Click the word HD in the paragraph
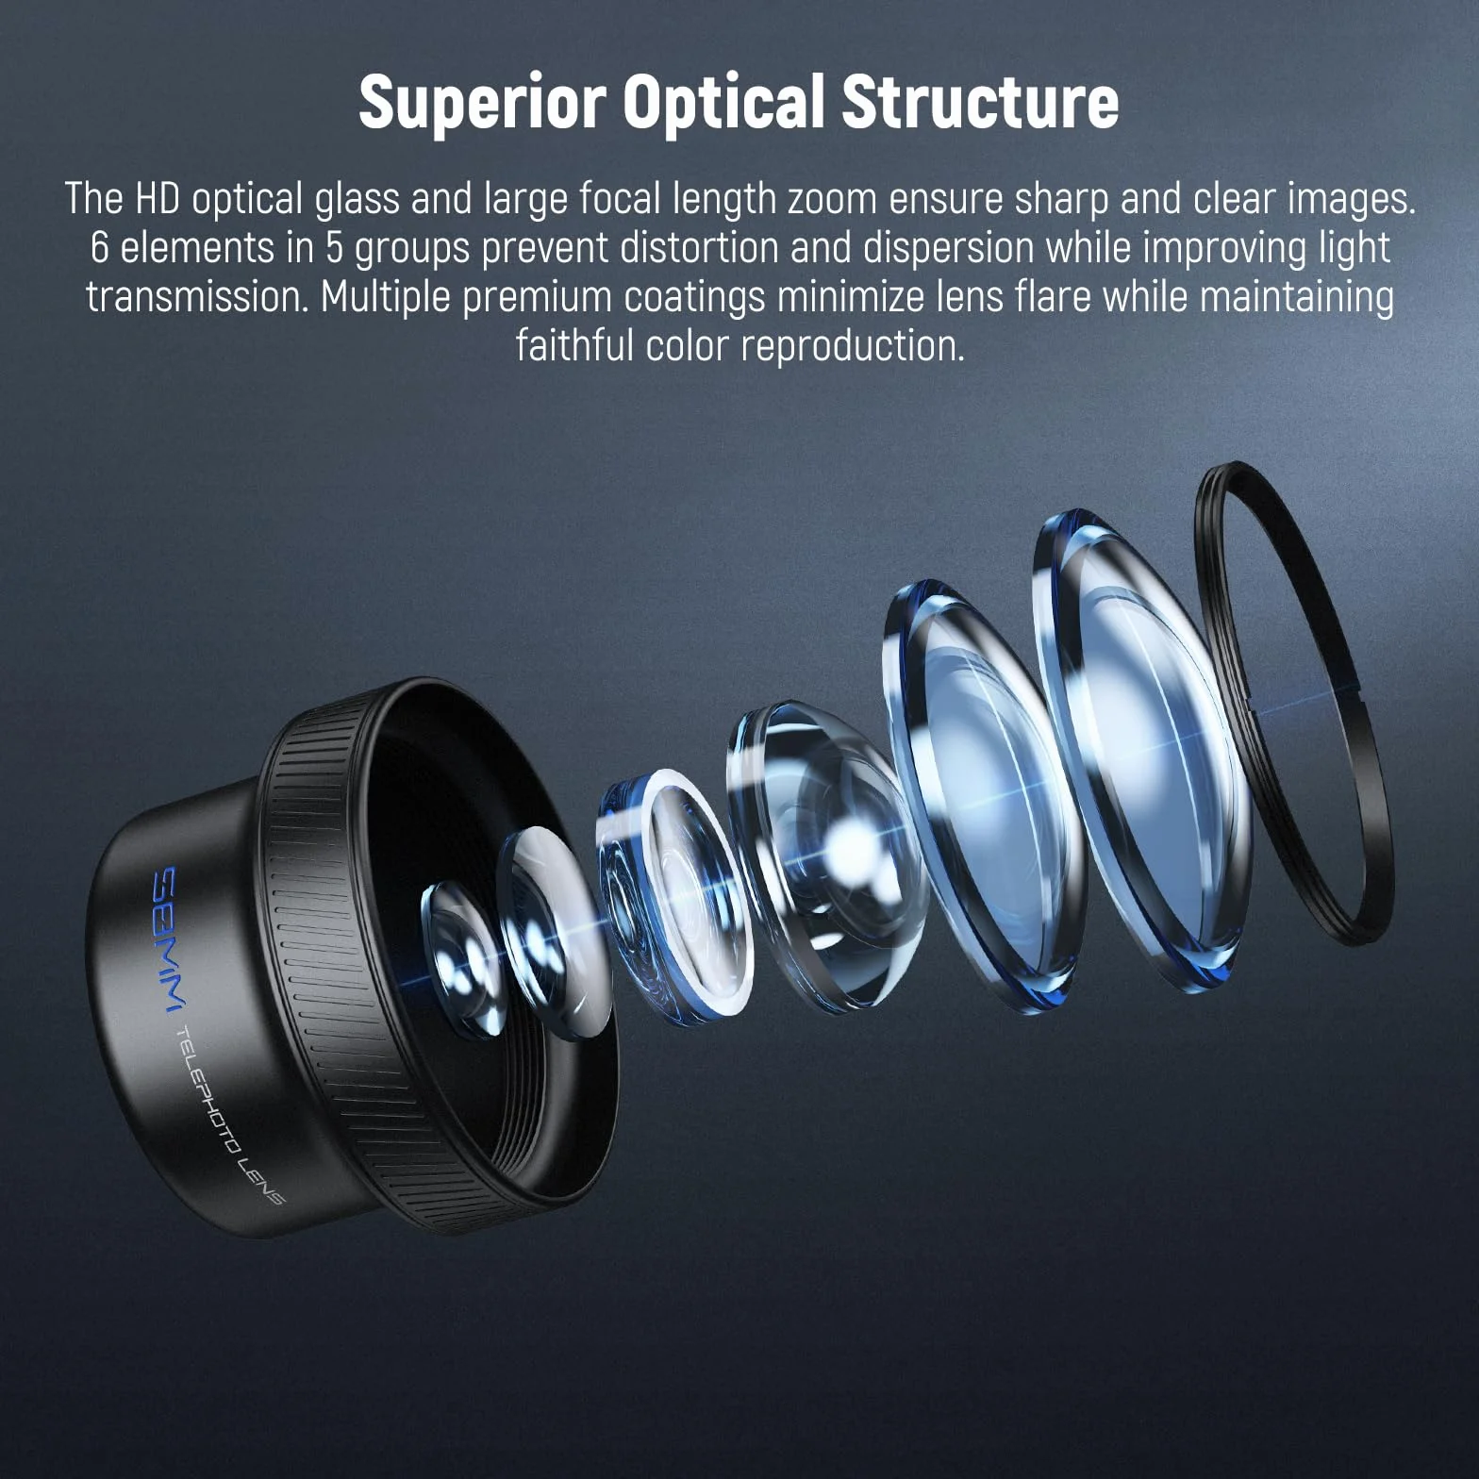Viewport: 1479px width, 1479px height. [x=157, y=199]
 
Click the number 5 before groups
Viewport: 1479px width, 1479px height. [x=335, y=248]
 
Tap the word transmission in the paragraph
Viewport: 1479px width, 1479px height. [x=197, y=297]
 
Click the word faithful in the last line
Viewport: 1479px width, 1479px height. [x=573, y=346]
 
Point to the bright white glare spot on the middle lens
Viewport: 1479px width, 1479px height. [x=854, y=835]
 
